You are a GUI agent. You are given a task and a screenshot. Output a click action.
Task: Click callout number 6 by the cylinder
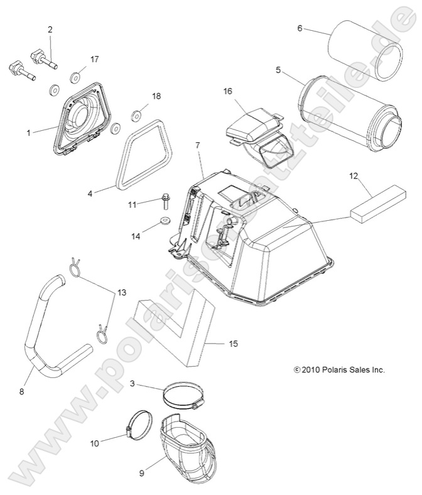tap(300, 28)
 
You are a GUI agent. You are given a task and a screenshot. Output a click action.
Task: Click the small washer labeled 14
tap(165, 221)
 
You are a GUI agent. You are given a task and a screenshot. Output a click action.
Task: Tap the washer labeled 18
tap(136, 116)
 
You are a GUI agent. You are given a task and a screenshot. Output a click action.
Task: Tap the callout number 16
tap(227, 91)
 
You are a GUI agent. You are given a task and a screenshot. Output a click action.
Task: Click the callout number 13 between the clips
tap(121, 292)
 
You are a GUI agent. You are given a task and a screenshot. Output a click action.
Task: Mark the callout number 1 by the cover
tap(29, 133)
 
